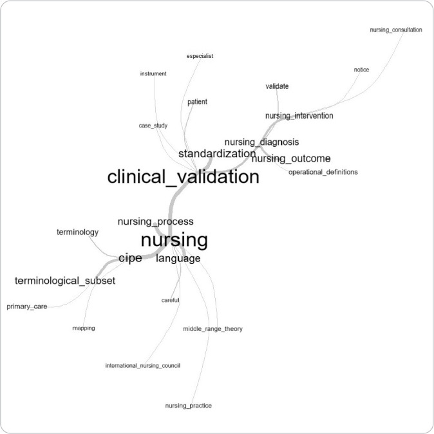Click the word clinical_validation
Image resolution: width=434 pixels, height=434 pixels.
pyautogui.click(x=183, y=177)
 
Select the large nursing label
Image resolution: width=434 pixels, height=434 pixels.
pyautogui.click(x=174, y=241)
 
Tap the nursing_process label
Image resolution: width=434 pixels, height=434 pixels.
pyautogui.click(x=155, y=222)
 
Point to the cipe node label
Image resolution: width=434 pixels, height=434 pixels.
pyautogui.click(x=130, y=258)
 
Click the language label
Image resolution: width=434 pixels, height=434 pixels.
pyautogui.click(x=178, y=259)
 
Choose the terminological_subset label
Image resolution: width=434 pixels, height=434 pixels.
pyautogui.click(x=65, y=281)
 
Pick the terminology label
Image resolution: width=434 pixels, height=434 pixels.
pyautogui.click(x=77, y=232)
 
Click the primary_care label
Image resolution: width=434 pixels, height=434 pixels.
pyautogui.click(x=27, y=307)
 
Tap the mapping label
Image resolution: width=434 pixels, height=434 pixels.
pyautogui.click(x=84, y=328)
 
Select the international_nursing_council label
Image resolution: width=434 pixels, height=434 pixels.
pyautogui.click(x=142, y=366)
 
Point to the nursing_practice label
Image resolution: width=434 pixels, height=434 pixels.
pyautogui.click(x=188, y=406)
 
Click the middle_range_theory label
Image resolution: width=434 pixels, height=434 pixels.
pyautogui.click(x=212, y=329)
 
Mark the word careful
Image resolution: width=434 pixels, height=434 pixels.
pyautogui.click(x=170, y=300)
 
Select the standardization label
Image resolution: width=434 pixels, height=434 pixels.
pyautogui.click(x=217, y=154)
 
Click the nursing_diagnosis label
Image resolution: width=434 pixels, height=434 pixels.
pyautogui.click(x=261, y=142)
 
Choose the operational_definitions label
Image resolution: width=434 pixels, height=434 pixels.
pyautogui.click(x=323, y=172)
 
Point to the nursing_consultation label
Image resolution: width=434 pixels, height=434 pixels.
pyautogui.click(x=396, y=30)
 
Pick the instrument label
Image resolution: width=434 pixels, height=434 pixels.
pyautogui.click(x=153, y=73)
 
